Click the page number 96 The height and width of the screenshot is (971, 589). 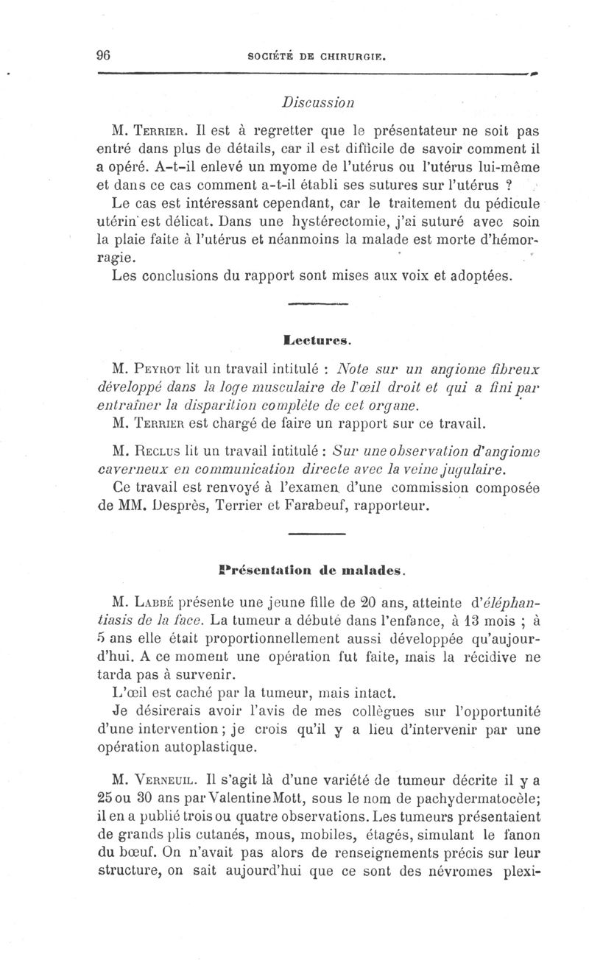(102, 54)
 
